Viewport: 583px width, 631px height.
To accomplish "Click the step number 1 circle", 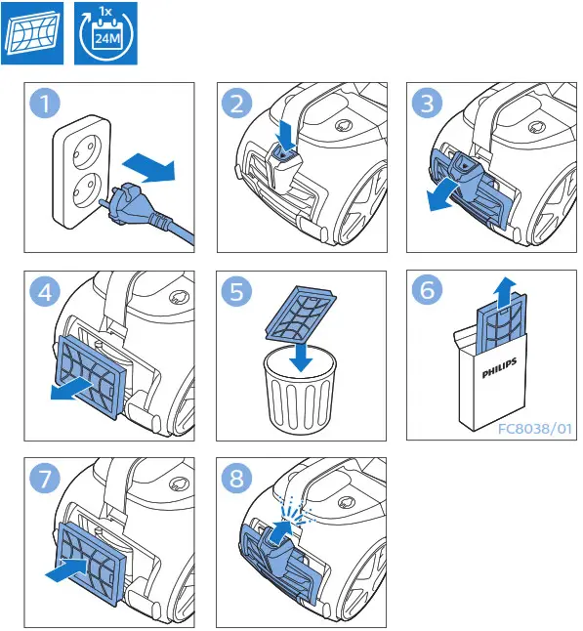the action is (x=45, y=103).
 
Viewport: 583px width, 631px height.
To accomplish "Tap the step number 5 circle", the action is (x=236, y=291).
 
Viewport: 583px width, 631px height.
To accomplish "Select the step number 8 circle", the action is (x=236, y=478).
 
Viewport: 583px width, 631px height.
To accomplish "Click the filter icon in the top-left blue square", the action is (x=32, y=33).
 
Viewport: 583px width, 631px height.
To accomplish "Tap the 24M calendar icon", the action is (x=105, y=33).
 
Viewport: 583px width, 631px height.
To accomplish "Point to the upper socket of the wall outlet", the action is (x=82, y=153).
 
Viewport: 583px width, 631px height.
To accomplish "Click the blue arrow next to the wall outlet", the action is (x=148, y=167).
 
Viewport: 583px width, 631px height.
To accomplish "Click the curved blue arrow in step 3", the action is (x=442, y=196).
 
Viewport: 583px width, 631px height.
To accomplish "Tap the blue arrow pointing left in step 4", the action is (x=72, y=390).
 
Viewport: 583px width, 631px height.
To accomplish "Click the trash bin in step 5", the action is (x=300, y=389).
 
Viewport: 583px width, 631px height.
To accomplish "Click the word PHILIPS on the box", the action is (x=499, y=368).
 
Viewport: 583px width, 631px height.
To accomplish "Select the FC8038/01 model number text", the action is (x=535, y=429).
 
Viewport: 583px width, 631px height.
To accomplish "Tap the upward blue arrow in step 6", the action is (x=504, y=293).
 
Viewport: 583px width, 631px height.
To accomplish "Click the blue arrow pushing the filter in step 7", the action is (x=66, y=570).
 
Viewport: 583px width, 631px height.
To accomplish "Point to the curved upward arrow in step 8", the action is (x=280, y=532).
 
